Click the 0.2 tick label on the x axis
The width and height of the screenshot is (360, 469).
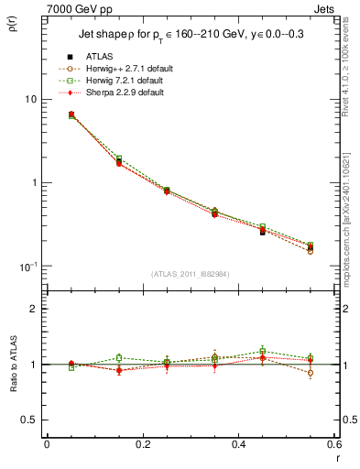tap(142, 442)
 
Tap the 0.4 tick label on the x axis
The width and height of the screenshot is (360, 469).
tap(238, 442)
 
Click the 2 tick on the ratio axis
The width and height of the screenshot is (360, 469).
tap(34, 309)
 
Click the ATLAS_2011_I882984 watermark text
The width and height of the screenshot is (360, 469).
tap(189, 274)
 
